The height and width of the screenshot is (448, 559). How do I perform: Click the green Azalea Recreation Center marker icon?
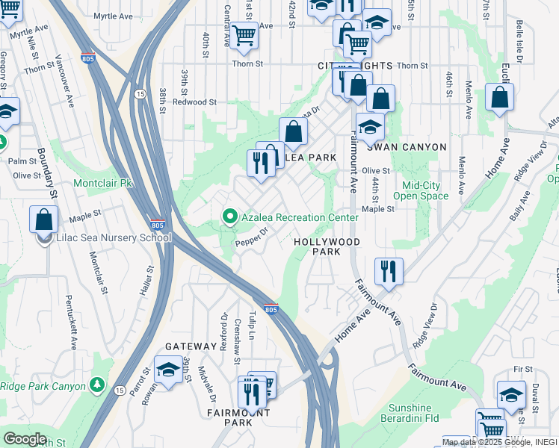coord(230,217)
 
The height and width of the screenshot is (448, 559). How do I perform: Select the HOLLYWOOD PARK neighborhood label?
coord(327,247)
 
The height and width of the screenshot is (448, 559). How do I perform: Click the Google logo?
coord(25,439)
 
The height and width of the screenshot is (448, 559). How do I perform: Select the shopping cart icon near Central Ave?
coord(244,35)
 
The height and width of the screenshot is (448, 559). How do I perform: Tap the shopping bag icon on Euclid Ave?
coord(499,96)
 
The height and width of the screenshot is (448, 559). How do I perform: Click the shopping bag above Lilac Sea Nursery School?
coord(44,220)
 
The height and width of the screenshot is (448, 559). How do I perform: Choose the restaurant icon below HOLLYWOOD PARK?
coord(389,270)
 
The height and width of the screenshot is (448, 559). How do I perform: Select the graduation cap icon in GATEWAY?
coord(169,369)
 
